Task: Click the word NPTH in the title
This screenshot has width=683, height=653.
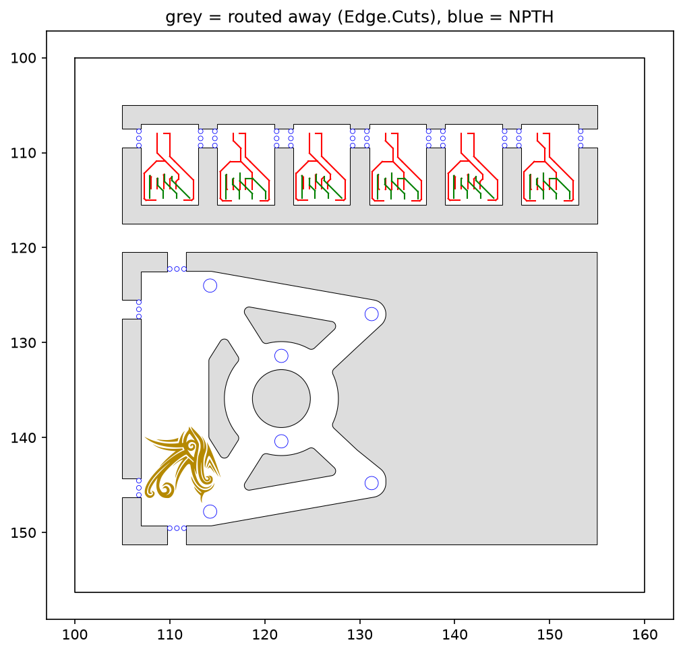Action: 531,17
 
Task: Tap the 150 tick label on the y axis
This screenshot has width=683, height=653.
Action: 24,532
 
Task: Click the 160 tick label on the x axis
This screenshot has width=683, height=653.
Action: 645,634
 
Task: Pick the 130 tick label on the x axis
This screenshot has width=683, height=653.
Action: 360,634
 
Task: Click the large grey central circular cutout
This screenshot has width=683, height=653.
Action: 281,398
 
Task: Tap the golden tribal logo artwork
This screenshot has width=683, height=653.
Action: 182,464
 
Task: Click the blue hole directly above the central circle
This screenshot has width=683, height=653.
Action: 281,356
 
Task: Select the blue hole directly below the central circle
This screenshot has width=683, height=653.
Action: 281,441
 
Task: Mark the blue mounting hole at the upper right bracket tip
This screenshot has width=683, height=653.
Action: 372,314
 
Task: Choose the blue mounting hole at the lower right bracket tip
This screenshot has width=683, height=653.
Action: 372,483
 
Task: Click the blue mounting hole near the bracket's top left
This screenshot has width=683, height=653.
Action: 210,286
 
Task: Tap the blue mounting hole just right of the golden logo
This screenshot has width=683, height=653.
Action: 210,511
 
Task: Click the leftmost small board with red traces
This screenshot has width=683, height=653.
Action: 170,164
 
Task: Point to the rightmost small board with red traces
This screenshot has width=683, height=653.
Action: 550,164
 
